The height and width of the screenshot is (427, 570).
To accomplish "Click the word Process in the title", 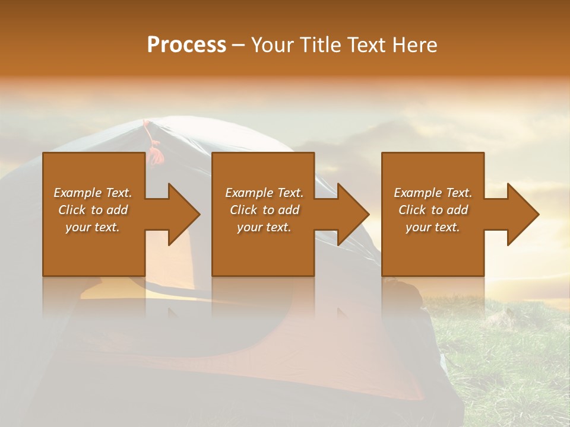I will point(186,45).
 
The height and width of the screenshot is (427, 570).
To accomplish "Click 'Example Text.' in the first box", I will point(93,193).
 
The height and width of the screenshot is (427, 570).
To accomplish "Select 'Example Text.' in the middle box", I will point(264,193).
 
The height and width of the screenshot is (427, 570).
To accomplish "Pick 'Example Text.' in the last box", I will point(433,193).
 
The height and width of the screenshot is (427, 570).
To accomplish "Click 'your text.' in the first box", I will point(93,227).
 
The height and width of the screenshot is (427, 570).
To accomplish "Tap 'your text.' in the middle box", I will point(264,227).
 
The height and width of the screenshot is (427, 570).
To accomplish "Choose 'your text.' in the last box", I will point(433,227).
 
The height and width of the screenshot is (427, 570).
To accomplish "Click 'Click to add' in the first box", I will point(93,210).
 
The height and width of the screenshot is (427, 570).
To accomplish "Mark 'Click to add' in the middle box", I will point(264,210).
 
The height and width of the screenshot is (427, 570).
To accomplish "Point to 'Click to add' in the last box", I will point(433,210).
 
